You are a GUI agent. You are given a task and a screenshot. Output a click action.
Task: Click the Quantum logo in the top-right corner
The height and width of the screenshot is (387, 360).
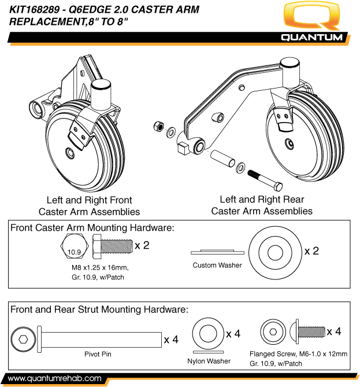pos(313,23)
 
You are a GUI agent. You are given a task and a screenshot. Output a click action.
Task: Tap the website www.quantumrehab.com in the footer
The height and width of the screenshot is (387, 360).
pos(55,378)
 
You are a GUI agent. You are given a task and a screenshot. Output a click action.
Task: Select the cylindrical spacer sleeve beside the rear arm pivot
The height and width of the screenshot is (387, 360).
pos(221,159)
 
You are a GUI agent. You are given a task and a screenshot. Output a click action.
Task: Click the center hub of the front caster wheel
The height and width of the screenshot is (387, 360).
pos(70,153)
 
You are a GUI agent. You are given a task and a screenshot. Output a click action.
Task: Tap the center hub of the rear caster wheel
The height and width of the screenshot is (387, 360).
pos(287,142)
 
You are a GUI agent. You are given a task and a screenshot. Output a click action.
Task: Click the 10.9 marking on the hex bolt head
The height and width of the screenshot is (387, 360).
pos(73,252)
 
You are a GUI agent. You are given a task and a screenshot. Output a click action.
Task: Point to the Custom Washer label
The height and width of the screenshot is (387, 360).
pos(217,266)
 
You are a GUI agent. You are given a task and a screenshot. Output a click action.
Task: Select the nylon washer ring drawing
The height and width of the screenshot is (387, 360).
pos(208,334)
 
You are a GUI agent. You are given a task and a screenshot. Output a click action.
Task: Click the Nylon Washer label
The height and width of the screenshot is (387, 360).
pos(209,361)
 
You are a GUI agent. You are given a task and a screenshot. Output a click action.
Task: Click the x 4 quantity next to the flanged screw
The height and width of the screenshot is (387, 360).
pos(333,331)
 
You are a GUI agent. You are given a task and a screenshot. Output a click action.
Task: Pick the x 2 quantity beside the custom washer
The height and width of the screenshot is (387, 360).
pos(311,251)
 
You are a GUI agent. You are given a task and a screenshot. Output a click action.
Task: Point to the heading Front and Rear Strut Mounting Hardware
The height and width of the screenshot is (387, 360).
pos(99,309)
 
